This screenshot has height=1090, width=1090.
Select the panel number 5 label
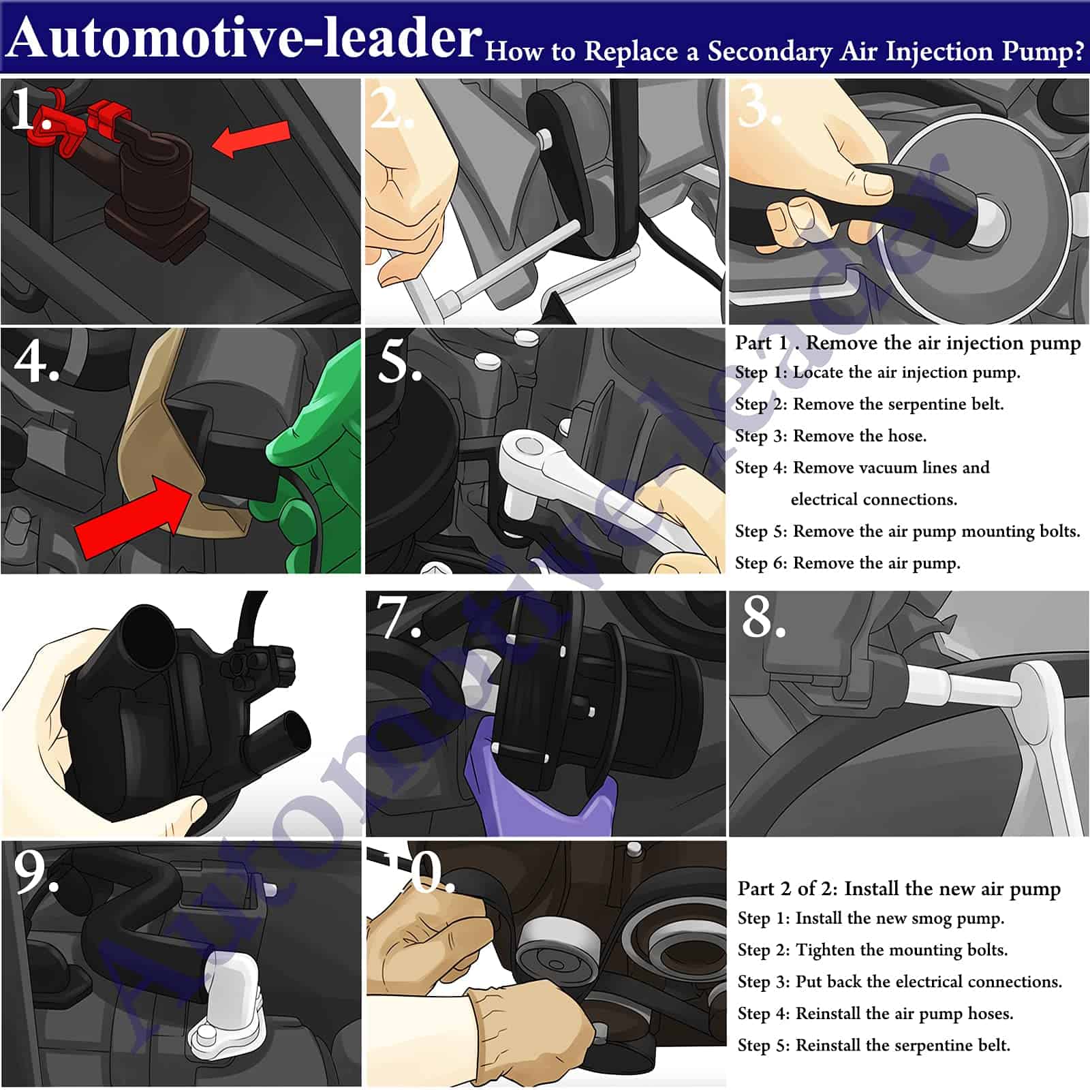tap(399, 361)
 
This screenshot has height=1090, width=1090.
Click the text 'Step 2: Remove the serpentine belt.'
tap(869, 404)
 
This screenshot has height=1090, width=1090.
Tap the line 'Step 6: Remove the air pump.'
tap(847, 563)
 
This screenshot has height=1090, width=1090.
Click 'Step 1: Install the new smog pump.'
tap(871, 918)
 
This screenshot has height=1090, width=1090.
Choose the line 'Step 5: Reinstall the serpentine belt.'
tap(874, 1045)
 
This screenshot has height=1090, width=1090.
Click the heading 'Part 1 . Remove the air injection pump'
tap(907, 343)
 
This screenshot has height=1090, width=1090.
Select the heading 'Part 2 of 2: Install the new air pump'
tap(899, 888)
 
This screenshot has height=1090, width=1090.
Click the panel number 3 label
tap(760, 107)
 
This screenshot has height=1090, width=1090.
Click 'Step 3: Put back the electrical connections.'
tap(900, 982)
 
